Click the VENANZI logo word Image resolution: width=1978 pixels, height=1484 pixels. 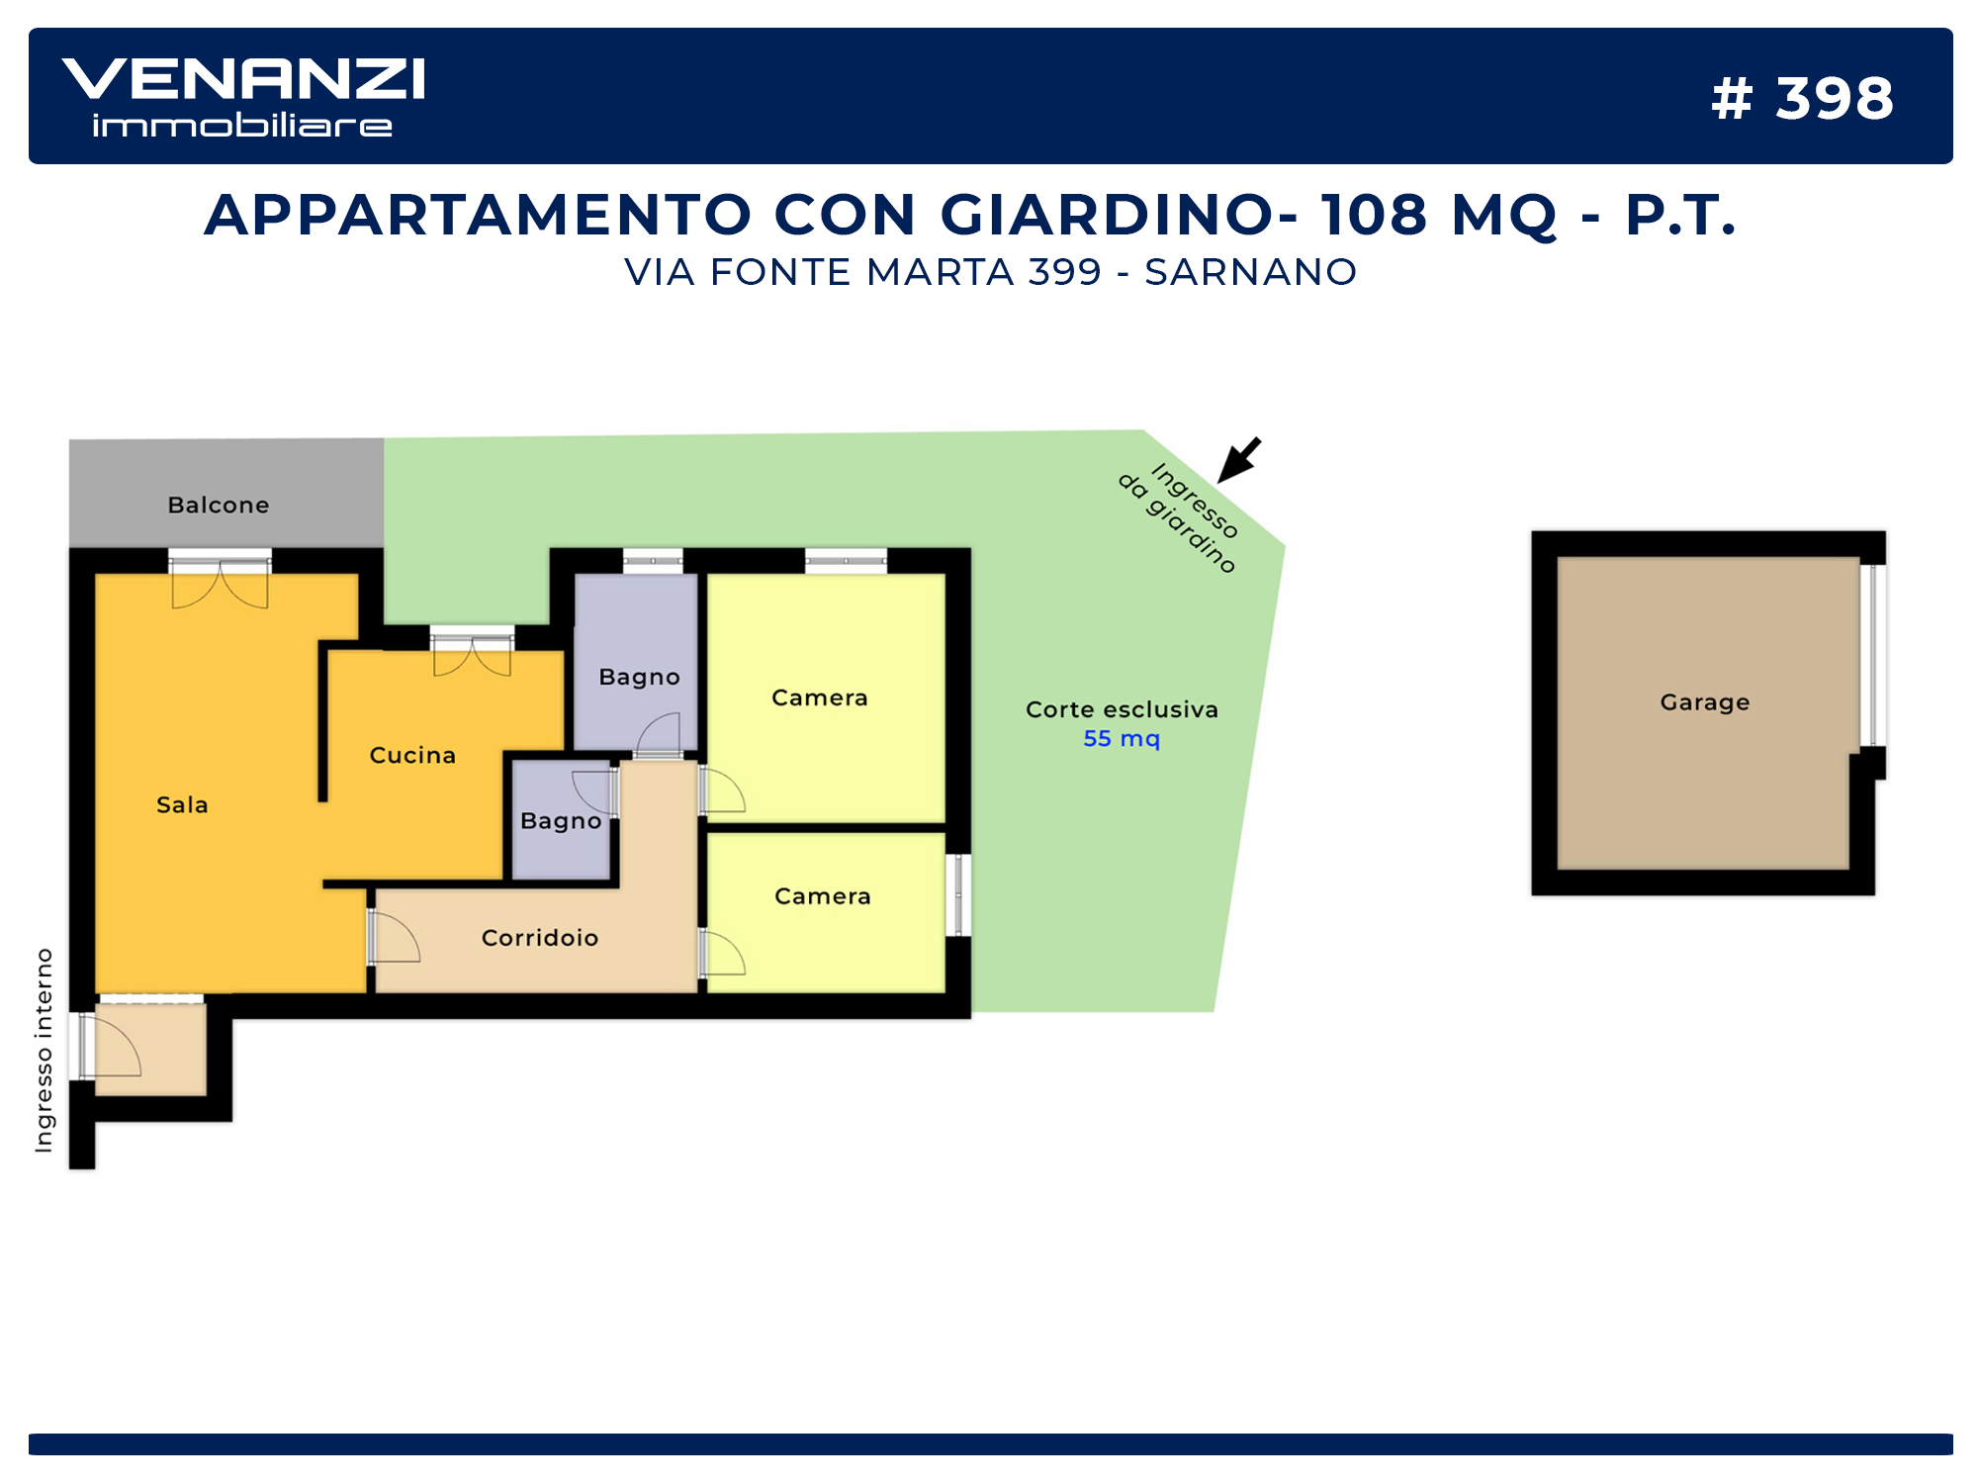pyautogui.click(x=243, y=78)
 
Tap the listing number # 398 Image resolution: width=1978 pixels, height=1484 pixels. pyautogui.click(x=1802, y=99)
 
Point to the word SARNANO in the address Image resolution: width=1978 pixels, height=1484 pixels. pyautogui.click(x=1250, y=272)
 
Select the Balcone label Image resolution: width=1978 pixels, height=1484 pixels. pyautogui.click(x=219, y=505)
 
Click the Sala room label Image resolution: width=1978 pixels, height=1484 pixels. pyautogui.click(x=182, y=804)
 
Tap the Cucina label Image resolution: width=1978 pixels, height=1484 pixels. pyautogui.click(x=412, y=755)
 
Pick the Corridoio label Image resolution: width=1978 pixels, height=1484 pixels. pyautogui.click(x=540, y=937)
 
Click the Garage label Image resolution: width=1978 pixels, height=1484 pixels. pyautogui.click(x=1705, y=702)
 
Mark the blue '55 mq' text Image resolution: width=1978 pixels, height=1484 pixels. pyautogui.click(x=1122, y=738)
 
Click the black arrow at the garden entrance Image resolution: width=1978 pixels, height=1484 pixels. pyautogui.click(x=1238, y=460)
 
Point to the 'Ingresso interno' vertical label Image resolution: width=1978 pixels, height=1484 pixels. pyautogui.click(x=45, y=1050)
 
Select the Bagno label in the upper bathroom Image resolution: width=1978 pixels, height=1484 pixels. pyautogui.click(x=639, y=678)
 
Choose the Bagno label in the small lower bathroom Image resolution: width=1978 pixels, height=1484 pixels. pyautogui.click(x=561, y=821)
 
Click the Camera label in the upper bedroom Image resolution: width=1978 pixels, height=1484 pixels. pyautogui.click(x=819, y=697)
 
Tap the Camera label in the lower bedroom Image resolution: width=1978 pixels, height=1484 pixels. pyautogui.click(x=823, y=896)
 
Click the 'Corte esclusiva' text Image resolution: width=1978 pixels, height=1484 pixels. pyautogui.click(x=1122, y=709)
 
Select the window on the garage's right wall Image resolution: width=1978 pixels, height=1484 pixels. pyautogui.click(x=1873, y=655)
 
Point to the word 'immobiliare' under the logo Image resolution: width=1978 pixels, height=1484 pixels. pyautogui.click(x=242, y=126)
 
